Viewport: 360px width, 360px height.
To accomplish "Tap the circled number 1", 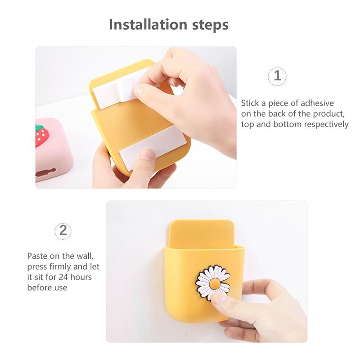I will pos(277,76).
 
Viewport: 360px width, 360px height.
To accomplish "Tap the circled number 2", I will pos(63,231).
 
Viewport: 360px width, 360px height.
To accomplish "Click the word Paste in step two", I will pos(37,256).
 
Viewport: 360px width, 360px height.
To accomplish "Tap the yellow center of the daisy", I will pos(215,284).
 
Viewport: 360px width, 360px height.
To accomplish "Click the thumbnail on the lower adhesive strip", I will pos(148,154).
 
